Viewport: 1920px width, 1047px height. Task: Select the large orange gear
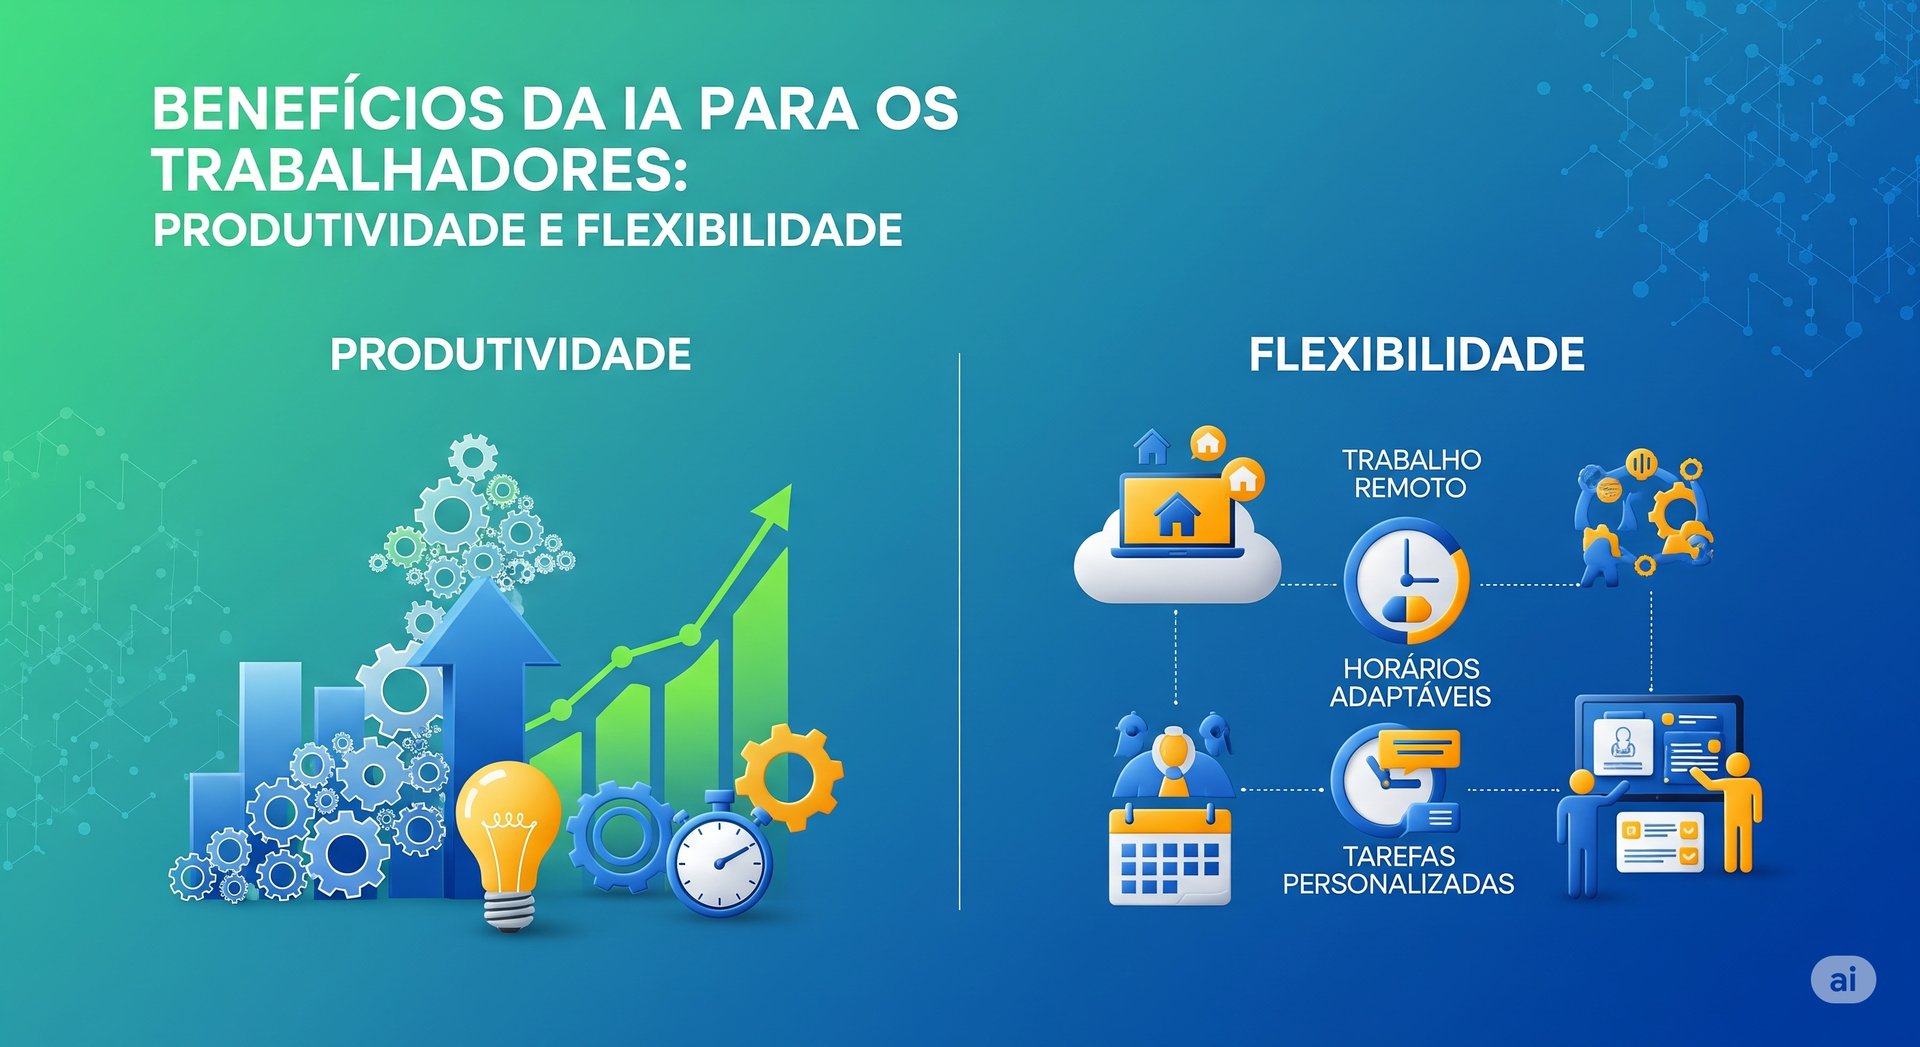790,776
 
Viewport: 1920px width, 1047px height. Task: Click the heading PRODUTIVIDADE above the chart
510,355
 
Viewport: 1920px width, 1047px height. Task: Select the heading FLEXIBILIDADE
1416,355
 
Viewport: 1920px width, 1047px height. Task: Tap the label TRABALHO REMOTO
1411,474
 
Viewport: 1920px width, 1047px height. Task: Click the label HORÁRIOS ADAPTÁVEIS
1410,682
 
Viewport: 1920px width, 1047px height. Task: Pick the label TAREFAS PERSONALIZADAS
1398,870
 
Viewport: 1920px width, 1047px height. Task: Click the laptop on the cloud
1177,515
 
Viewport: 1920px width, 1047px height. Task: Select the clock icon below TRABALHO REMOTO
1406,580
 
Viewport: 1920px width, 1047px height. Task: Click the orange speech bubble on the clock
1418,750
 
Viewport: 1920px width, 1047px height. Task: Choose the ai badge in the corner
1842,980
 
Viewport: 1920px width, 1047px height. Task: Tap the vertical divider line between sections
959,630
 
